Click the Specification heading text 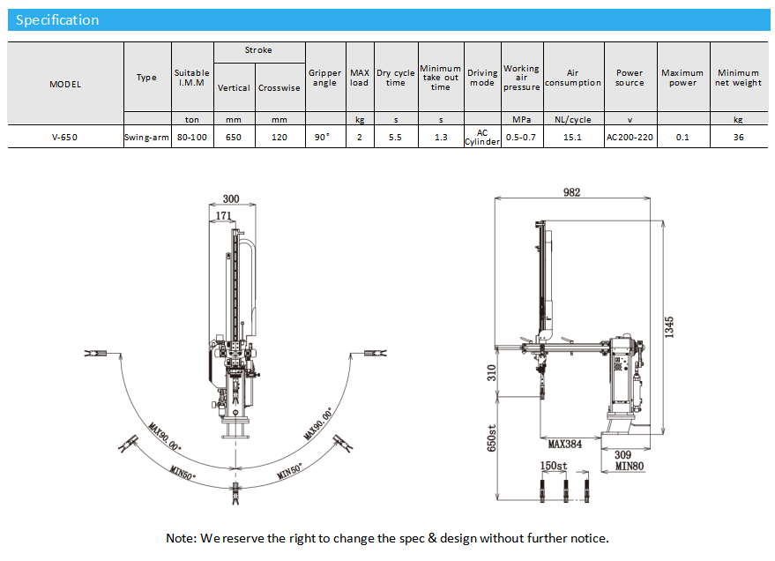[57, 20]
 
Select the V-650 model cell [64, 137]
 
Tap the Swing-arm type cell [146, 137]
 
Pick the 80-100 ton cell [192, 137]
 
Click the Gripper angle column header [324, 78]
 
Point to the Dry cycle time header [395, 78]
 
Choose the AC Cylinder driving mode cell [482, 137]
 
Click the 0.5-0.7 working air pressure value [521, 137]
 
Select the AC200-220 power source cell [630, 137]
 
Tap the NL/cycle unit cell [572, 119]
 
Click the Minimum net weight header [738, 78]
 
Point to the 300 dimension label [231, 198]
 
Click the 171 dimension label [223, 215]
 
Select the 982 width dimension [572, 192]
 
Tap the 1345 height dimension [669, 327]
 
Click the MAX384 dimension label [565, 444]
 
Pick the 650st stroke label [492, 438]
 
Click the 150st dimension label [554, 466]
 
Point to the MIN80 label [630, 466]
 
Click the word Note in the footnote [181, 538]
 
